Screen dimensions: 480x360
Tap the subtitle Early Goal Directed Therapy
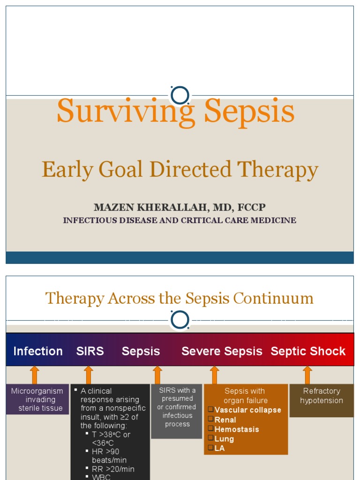point(180,170)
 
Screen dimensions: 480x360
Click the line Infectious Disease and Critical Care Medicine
point(180,220)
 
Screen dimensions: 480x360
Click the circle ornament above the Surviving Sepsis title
point(180,95)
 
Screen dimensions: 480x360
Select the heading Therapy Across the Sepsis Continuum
point(180,298)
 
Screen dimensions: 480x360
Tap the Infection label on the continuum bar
point(38,351)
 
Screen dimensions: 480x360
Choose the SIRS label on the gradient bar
point(90,351)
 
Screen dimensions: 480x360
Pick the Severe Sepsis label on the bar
point(222,351)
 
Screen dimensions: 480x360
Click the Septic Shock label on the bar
point(308,351)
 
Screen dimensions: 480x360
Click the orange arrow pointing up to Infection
point(34,375)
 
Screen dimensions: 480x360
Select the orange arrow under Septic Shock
point(307,375)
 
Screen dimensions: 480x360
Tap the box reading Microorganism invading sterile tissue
point(37,399)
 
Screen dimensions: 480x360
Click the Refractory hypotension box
point(322,396)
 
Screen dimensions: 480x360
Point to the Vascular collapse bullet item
point(247,410)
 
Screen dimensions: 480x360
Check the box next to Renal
point(211,419)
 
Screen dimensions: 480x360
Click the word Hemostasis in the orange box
point(237,429)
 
